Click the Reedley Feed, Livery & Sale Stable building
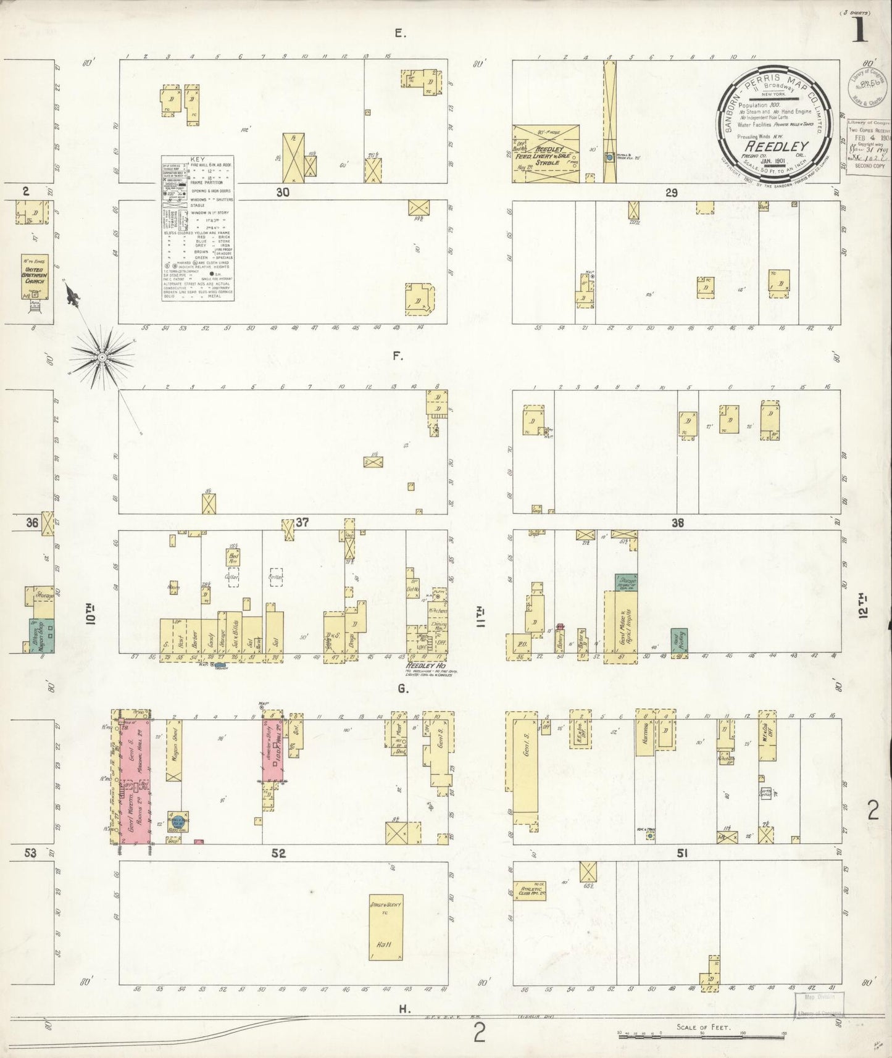click(546, 154)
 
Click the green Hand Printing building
click(679, 640)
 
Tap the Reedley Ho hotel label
click(426, 667)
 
